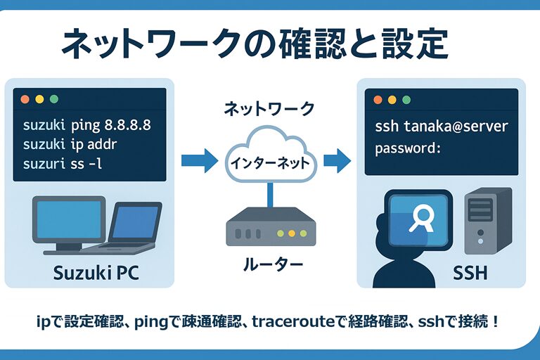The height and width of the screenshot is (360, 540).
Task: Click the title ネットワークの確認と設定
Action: click(x=254, y=44)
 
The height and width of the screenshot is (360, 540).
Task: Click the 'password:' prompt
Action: click(x=408, y=148)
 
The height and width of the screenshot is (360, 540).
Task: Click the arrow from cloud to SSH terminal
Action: click(x=337, y=160)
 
